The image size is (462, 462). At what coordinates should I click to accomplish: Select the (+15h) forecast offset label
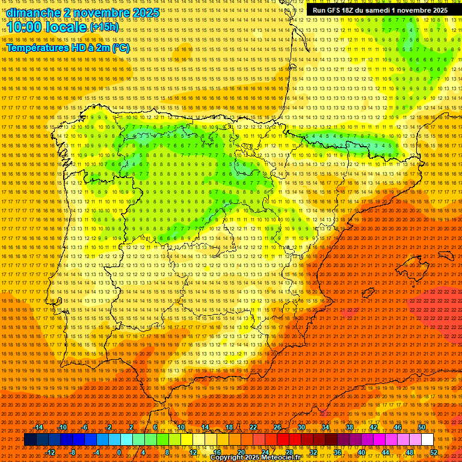[x=105, y=27]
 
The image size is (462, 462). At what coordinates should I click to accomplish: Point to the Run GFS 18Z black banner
[x=380, y=10]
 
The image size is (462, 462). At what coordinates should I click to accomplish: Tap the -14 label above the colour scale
[x=39, y=427]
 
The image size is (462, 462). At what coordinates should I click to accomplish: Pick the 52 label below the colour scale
[x=434, y=452]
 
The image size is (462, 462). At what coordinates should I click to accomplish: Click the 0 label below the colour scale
[x=119, y=452]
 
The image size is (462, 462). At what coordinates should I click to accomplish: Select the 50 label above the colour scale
[x=422, y=427]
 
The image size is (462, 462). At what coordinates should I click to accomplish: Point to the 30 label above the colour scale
[x=301, y=427]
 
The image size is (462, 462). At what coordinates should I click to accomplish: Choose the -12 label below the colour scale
[x=51, y=452]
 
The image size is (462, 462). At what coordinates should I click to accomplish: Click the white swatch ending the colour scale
[x=427, y=440]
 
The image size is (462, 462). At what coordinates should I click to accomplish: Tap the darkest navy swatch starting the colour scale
[x=30, y=440]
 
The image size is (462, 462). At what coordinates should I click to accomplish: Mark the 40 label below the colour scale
[x=361, y=452]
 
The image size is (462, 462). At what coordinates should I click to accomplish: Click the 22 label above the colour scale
[x=253, y=427]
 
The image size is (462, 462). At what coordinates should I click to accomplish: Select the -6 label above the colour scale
[x=85, y=427]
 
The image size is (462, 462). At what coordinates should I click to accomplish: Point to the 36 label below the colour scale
[x=337, y=452]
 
